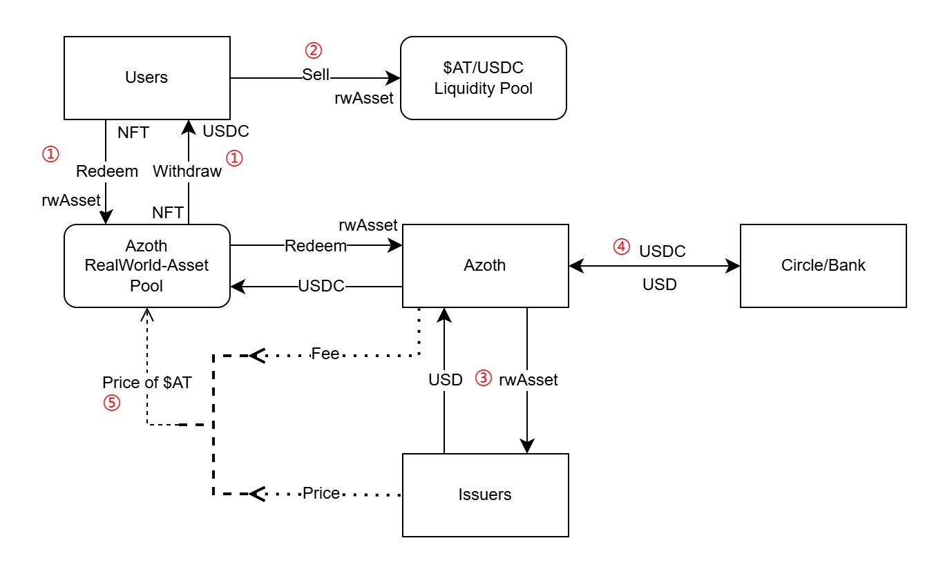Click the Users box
click(146, 77)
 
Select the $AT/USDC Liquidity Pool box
click(484, 77)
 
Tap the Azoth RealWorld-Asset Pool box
click(146, 265)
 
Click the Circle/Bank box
click(823, 265)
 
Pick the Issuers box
click(485, 495)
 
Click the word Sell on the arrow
click(316, 75)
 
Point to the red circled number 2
click(314, 50)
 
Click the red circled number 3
click(484, 378)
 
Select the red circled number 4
click(623, 246)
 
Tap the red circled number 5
click(111, 403)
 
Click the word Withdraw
click(187, 171)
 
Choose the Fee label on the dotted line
click(325, 354)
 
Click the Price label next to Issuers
click(321, 493)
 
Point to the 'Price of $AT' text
click(147, 383)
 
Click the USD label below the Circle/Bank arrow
click(660, 284)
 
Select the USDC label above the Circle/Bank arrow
click(663, 251)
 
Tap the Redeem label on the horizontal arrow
click(316, 246)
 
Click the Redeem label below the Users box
click(107, 171)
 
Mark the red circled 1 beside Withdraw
click(235, 158)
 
